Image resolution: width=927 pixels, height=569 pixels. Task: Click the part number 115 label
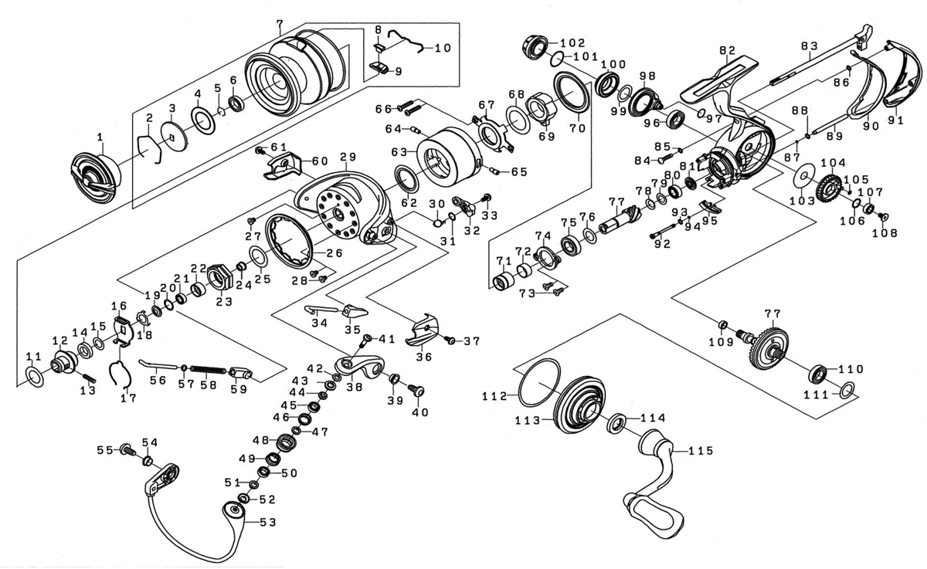click(700, 450)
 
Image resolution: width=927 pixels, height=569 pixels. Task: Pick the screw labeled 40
click(419, 391)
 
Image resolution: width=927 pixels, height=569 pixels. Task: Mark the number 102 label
click(572, 42)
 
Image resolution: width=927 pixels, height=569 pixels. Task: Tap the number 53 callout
click(267, 523)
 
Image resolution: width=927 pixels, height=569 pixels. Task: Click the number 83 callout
click(809, 46)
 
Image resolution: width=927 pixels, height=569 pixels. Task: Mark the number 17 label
click(128, 398)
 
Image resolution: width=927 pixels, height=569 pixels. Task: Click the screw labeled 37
click(447, 339)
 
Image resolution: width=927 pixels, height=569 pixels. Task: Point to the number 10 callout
click(442, 48)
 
